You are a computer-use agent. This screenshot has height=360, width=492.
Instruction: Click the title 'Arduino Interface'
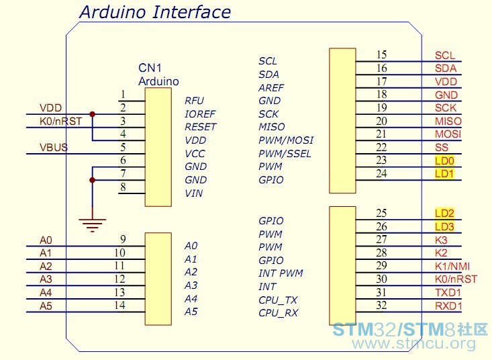coord(155,12)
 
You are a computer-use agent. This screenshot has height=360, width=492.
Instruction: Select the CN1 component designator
coord(150,68)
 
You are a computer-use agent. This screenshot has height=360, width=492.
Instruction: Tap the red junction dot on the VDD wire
coord(92,114)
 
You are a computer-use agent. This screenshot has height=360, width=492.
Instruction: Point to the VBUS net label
coord(54,147)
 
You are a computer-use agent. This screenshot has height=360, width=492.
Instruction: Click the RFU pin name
coord(194,101)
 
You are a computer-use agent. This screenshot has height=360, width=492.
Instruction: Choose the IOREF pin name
coord(200,114)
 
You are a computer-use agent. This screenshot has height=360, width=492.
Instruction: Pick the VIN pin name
coord(193,193)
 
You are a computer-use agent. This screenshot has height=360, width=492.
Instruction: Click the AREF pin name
coord(271,88)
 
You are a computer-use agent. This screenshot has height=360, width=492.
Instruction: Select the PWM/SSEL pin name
coord(285,154)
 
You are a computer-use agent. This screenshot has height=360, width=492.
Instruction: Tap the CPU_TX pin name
coord(278,300)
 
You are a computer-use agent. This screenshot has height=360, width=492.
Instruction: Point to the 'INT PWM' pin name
coord(281,273)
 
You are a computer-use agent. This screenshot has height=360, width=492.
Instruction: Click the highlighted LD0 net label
coord(444,161)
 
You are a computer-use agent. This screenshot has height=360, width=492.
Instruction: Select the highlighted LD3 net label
coord(444,226)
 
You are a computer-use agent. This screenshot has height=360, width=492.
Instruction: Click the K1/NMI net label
coord(452,267)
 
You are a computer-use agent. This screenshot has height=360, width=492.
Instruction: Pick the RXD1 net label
coord(448,306)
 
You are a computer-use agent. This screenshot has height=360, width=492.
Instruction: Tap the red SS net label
coord(442,147)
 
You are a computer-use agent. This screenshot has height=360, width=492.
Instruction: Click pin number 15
coord(381,55)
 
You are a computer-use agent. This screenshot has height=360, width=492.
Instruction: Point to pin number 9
coord(123,240)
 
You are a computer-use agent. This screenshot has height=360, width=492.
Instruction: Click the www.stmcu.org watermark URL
coord(413,343)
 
